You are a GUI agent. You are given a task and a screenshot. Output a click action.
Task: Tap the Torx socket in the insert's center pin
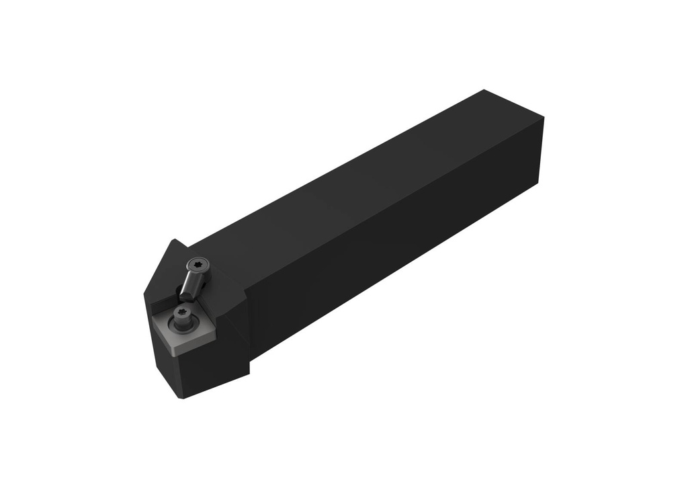(x=181, y=313)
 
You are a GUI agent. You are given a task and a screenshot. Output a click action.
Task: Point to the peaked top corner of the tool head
(x=175, y=240)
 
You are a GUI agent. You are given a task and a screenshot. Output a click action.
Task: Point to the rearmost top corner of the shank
(x=484, y=90)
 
